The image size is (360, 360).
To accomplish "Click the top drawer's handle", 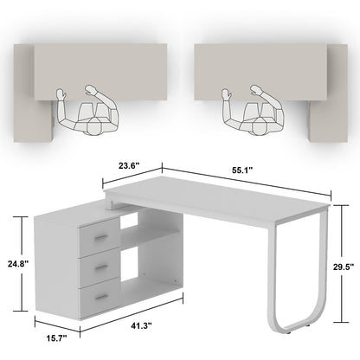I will tap(101, 237).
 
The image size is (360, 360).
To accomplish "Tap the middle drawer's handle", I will tap(101, 267).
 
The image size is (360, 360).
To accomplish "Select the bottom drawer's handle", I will tap(101, 296).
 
